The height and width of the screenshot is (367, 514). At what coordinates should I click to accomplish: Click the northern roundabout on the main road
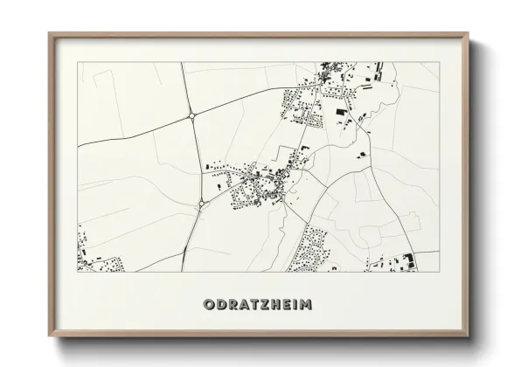tap(191, 115)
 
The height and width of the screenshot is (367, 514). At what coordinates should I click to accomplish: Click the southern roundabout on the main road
tap(201, 204)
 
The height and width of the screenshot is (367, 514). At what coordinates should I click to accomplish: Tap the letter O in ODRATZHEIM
tap(208, 305)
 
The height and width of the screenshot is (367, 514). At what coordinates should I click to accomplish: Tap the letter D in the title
tap(220, 305)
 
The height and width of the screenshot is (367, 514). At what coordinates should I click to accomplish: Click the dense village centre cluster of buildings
tap(258, 183)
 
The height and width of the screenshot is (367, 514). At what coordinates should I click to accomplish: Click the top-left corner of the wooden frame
tap(49, 33)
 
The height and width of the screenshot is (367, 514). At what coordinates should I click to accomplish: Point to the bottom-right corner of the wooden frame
tap(469, 336)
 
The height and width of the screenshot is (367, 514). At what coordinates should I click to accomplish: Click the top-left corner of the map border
tap(78, 62)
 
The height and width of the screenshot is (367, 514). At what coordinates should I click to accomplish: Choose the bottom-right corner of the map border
tap(439, 271)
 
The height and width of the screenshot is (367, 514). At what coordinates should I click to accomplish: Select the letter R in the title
tap(232, 305)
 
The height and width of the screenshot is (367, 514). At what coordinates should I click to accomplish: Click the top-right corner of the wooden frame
tap(469, 33)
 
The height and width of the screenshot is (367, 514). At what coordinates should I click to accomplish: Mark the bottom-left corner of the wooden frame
tap(49, 336)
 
